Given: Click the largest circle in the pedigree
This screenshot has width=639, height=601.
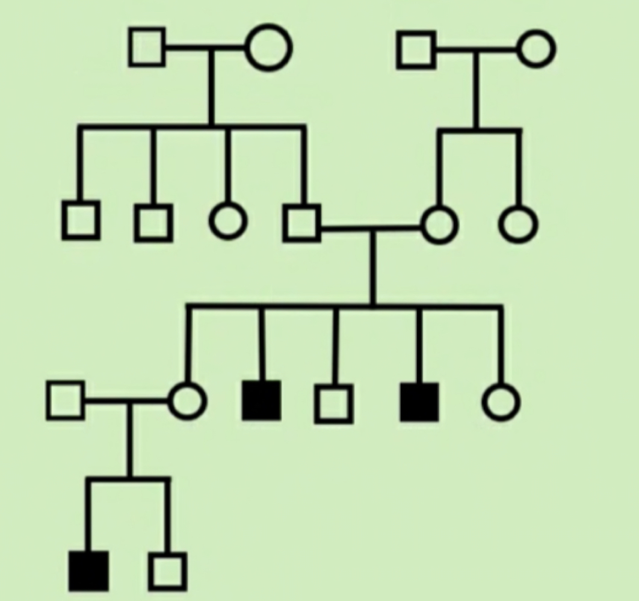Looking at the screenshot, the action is pos(269,48).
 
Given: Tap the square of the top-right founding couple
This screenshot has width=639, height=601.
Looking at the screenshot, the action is pos(416,49).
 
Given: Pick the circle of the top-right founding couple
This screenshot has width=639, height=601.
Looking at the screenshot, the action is pos(536,49).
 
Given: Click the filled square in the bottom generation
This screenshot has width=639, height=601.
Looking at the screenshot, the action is pos(89,570).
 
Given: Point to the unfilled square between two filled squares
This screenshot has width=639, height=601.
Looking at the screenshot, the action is pos(333,402).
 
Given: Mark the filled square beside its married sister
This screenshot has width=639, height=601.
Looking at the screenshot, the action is pos(261,400).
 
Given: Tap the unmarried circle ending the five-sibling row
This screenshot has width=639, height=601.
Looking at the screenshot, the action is pos(501,402).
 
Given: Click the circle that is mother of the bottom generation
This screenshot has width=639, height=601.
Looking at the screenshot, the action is pos(187,401).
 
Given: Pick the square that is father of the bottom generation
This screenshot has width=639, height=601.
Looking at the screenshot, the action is pos(65,401).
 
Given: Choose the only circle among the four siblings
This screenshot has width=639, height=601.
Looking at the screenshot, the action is pos(228,220).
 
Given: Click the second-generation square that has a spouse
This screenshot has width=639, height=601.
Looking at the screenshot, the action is pos(303,223).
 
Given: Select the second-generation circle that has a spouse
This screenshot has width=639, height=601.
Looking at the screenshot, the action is pos(439,225).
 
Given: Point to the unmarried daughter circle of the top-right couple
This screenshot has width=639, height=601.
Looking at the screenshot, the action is pos(518,224).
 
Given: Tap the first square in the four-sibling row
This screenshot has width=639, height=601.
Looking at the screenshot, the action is pos(81,221).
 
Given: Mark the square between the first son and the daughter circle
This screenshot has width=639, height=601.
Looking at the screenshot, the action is pos(154,221).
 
